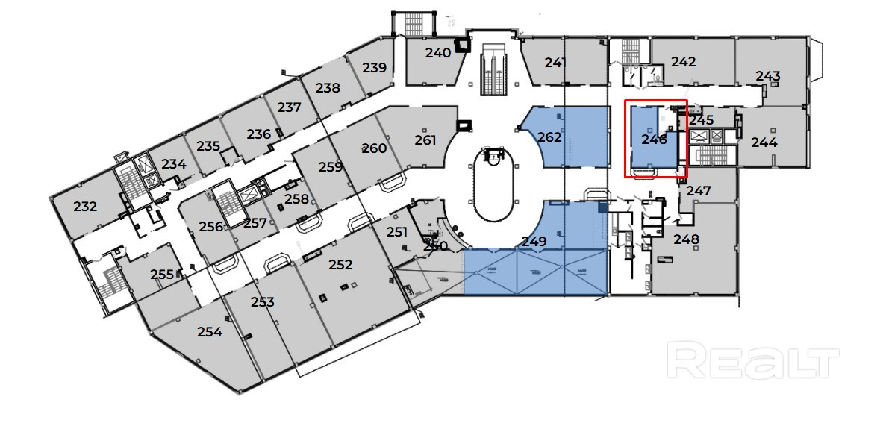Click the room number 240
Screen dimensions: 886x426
[438, 53]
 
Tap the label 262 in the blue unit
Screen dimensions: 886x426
[549, 137]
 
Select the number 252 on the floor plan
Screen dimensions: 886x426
[340, 265]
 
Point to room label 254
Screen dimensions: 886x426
[210, 333]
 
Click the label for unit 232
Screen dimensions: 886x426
[85, 207]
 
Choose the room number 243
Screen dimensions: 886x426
[768, 76]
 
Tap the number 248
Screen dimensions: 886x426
[686, 240]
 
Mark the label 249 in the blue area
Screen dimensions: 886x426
[534, 242]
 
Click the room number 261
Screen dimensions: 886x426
[425, 140]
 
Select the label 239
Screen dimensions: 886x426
[375, 68]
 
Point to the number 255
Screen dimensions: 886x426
[162, 275]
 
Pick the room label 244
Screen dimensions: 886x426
[764, 142]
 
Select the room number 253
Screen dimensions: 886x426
[263, 302]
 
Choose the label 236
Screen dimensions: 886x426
[258, 134]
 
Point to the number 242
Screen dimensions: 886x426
[684, 62]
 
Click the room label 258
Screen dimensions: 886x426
[296, 199]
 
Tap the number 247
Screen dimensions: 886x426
[699, 192]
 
